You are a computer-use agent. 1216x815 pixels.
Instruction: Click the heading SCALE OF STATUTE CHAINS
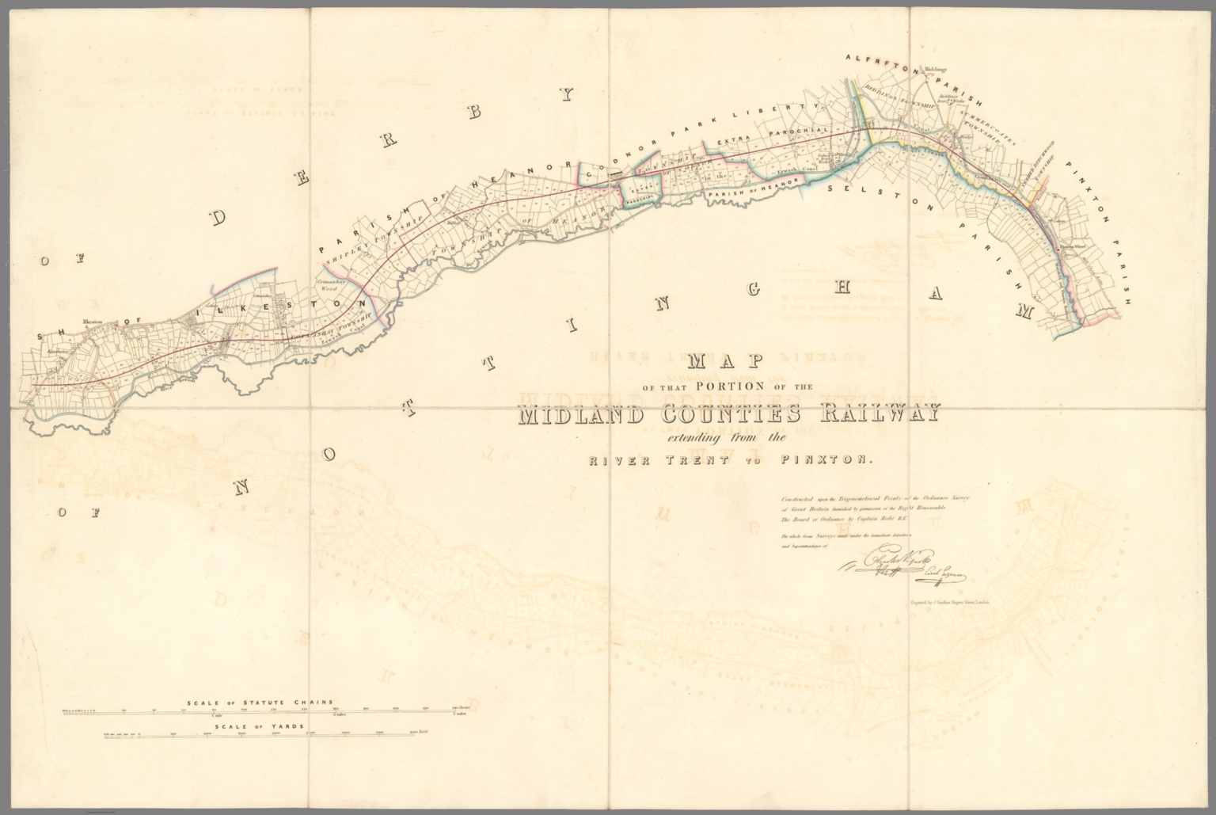(x=259, y=703)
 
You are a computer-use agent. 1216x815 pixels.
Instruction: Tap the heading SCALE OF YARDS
(x=259, y=726)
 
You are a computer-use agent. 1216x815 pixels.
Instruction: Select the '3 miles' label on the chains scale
(x=457, y=714)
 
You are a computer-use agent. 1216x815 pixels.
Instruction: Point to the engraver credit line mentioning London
(x=952, y=604)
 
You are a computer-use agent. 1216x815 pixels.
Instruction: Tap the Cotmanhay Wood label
(x=328, y=285)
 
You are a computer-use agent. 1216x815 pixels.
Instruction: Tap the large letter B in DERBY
(x=473, y=113)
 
